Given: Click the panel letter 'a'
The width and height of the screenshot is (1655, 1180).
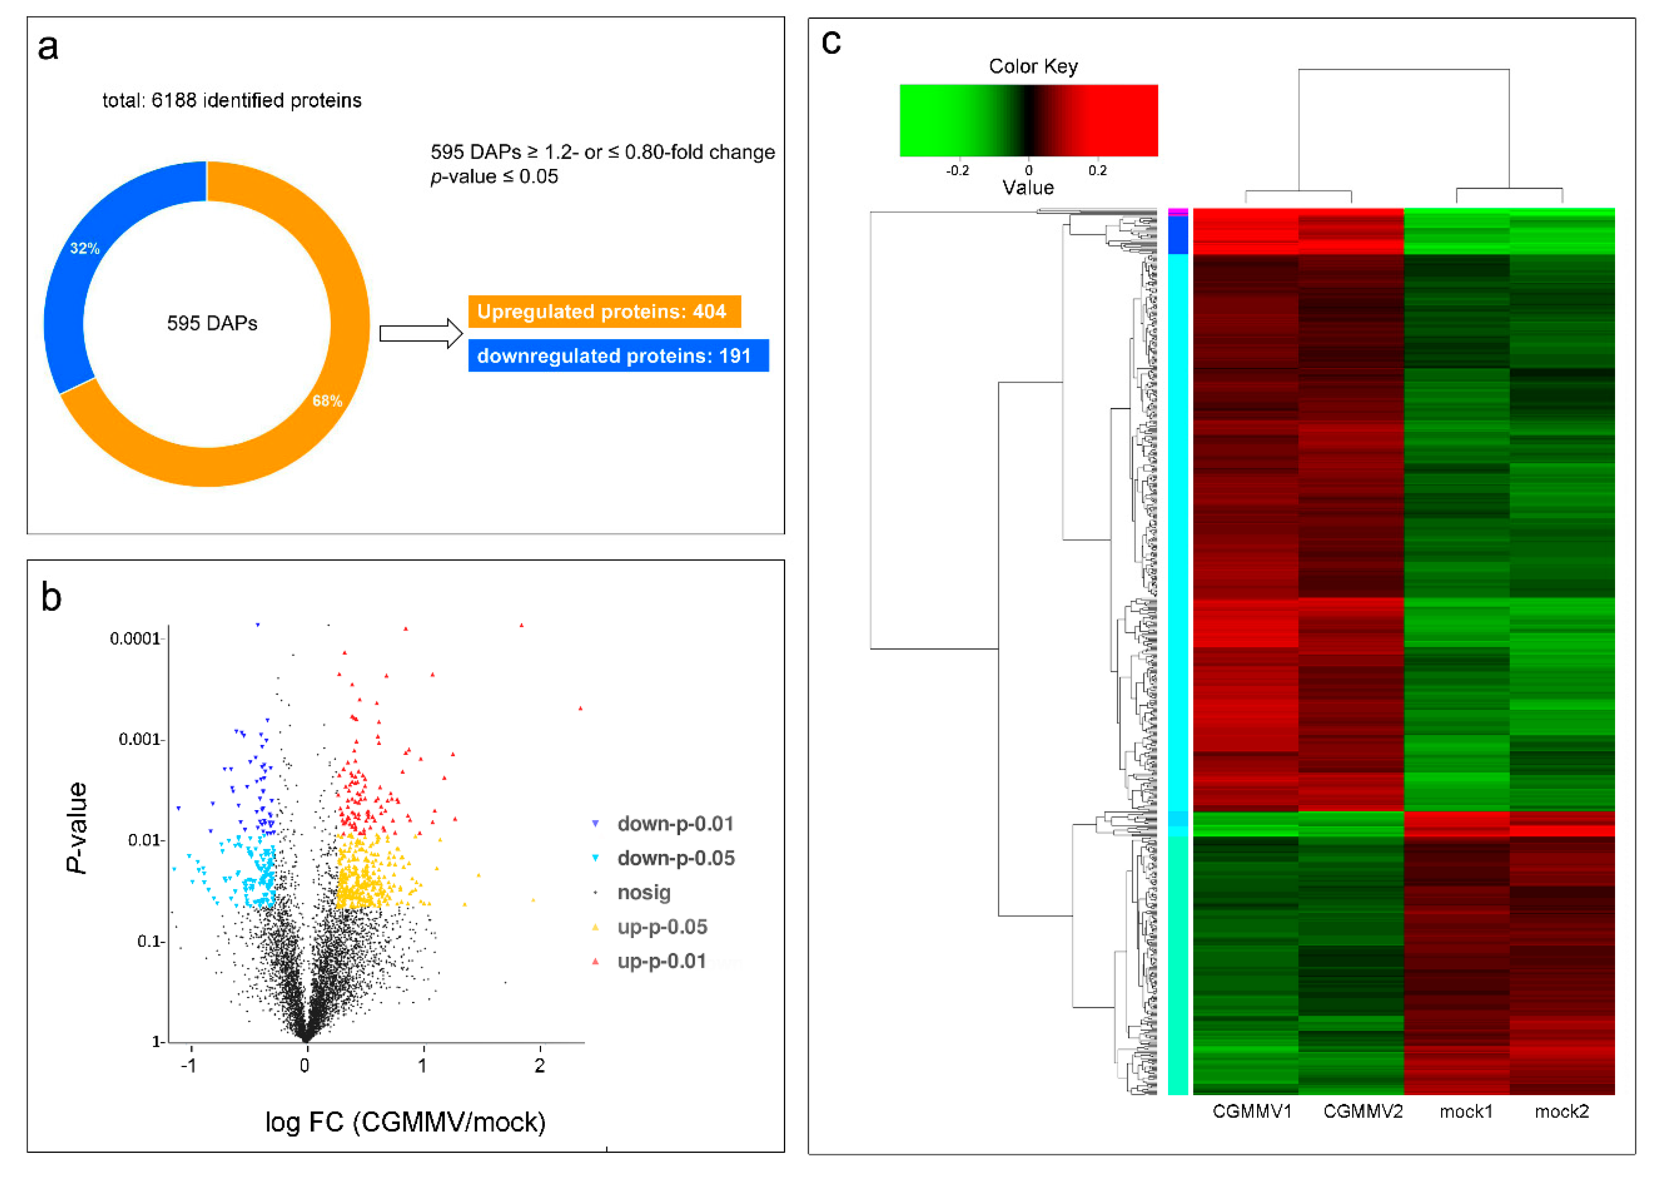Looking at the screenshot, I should [x=48, y=48].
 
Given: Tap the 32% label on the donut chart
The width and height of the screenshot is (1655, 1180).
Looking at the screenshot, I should [x=84, y=248].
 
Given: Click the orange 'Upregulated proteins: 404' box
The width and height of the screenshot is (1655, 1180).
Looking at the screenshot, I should [x=604, y=312].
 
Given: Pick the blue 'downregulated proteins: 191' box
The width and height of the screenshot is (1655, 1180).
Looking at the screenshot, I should [x=618, y=356].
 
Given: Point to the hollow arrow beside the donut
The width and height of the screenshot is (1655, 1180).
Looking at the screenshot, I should [x=421, y=334].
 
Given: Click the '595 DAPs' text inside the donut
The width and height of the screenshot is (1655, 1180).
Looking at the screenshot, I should [x=212, y=323].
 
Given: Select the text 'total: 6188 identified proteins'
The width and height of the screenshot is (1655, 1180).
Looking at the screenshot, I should [x=232, y=100].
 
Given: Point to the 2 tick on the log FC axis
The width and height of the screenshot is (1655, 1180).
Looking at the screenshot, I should [x=539, y=1066].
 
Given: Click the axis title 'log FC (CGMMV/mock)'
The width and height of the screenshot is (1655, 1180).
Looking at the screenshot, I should [x=405, y=1123].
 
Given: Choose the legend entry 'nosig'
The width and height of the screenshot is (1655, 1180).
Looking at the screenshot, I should [x=644, y=893].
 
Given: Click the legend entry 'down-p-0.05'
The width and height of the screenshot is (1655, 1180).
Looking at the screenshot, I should [x=676, y=858].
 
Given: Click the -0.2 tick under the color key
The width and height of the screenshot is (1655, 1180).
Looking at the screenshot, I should [x=957, y=171].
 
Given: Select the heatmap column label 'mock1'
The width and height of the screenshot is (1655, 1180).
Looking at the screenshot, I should [x=1465, y=1112].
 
